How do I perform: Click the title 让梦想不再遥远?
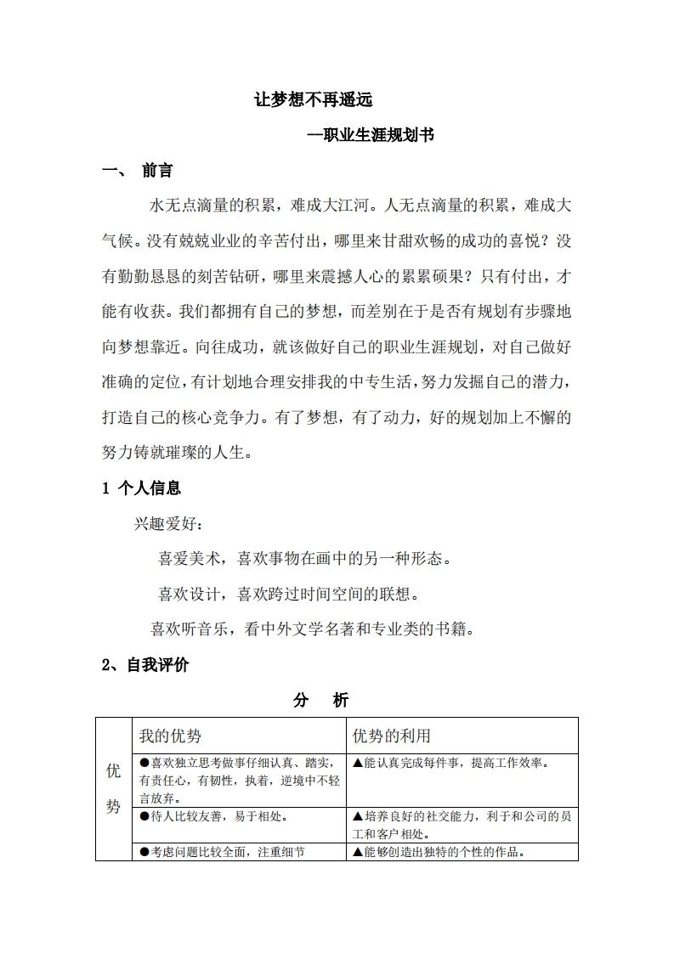tap(314, 99)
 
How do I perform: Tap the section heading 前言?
tap(157, 171)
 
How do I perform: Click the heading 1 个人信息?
tap(141, 488)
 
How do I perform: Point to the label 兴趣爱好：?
tap(168, 523)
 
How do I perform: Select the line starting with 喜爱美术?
tap(303, 559)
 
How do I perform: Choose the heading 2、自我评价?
tap(144, 665)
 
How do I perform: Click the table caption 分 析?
tap(320, 701)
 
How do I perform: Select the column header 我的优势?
tap(170, 736)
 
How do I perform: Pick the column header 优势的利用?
tap(392, 736)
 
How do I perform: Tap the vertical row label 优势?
tap(113, 788)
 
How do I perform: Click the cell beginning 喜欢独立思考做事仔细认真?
tap(239, 780)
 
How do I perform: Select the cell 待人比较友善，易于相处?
tap(212, 817)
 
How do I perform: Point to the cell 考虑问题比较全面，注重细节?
tap(221, 852)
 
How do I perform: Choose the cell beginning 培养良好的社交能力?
tap(460, 824)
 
